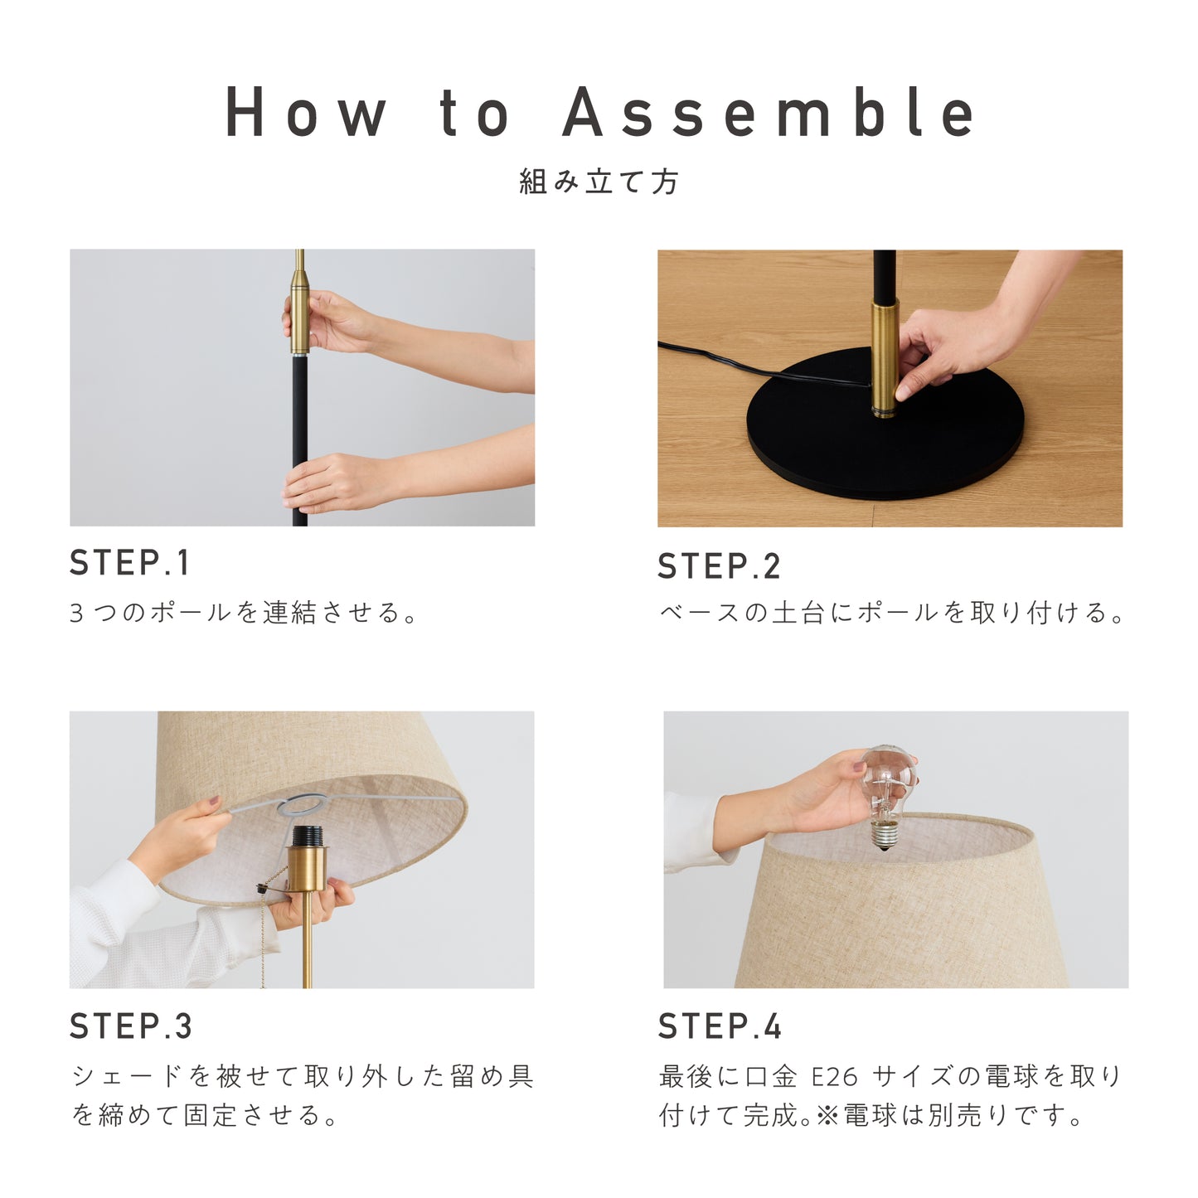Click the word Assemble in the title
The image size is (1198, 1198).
click(x=769, y=112)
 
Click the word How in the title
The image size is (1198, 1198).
click(x=305, y=112)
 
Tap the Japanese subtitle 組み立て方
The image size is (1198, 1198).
click(x=599, y=182)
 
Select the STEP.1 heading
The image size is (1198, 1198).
click(x=129, y=563)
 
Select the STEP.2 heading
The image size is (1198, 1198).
click(x=719, y=566)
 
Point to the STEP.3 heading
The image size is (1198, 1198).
click(x=130, y=1026)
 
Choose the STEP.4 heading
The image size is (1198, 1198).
click(x=720, y=1026)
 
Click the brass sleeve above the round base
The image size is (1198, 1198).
click(x=884, y=358)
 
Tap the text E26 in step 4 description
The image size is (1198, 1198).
click(x=835, y=1075)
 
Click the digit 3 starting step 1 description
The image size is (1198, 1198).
click(x=76, y=613)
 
